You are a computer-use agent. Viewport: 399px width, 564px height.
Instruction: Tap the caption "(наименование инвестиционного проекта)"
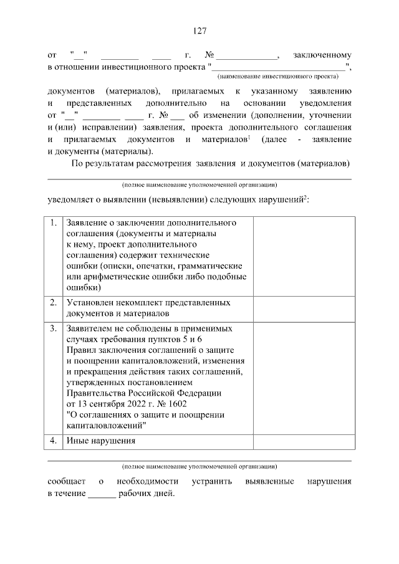coord(277,77)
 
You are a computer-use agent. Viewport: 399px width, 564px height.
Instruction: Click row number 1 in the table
coord(54,222)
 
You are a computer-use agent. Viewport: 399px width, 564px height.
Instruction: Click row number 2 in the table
coord(54,302)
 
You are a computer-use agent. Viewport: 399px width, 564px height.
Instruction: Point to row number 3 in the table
coord(54,327)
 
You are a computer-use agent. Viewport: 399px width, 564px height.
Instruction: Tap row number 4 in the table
coord(54,441)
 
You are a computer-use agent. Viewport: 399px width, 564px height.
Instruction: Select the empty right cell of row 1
coord(304,256)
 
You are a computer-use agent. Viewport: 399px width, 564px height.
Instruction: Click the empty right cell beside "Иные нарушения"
coord(304,441)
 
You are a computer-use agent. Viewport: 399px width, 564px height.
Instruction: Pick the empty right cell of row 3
coord(304,377)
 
